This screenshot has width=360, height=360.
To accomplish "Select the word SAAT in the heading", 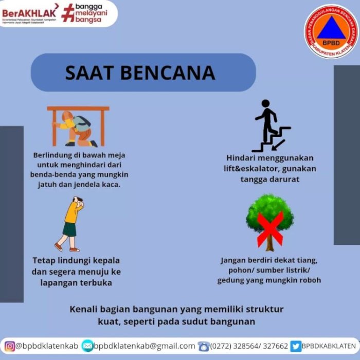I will (x=88, y=73).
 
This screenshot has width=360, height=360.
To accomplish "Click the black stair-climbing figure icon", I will (x=270, y=125).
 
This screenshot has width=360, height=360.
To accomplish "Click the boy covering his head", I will (x=71, y=224).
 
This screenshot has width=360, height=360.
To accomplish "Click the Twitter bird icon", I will (x=296, y=346).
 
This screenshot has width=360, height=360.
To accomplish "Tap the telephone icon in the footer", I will (x=204, y=346).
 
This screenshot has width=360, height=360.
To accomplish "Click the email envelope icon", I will (x=88, y=346).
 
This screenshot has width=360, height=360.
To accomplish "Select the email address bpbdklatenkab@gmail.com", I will (x=145, y=346).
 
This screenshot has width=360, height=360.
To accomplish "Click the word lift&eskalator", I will (x=247, y=169).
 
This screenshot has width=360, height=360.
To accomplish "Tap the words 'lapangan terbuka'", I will (x=77, y=282).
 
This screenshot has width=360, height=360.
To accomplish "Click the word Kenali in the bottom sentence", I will (x=85, y=309).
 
